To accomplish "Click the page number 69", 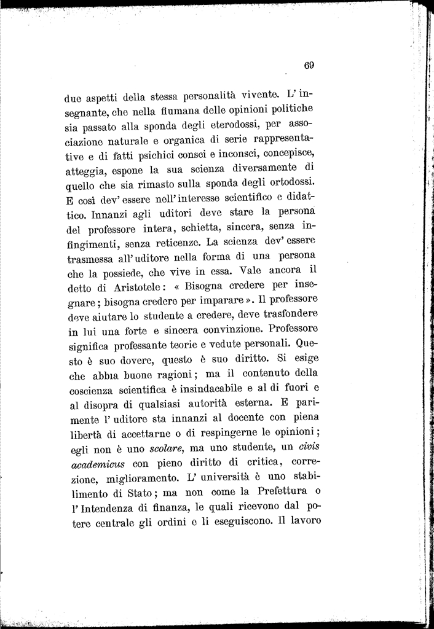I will pos(309,65).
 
